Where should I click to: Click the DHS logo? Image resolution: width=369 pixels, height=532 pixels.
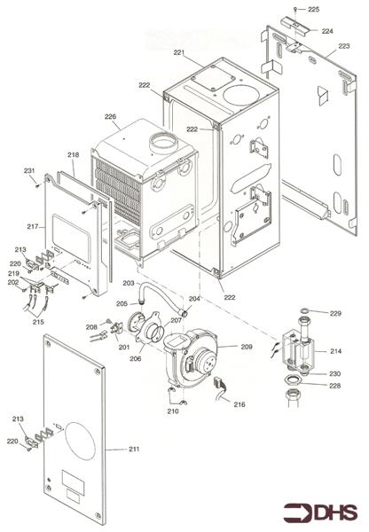click(x=320, y=512)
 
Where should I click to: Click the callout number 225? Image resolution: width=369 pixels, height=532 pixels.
click(x=314, y=10)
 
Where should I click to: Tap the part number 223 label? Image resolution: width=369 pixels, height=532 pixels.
click(x=344, y=46)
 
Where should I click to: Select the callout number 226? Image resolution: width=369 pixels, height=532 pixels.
click(x=110, y=116)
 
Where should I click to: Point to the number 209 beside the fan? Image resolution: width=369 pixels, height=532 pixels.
click(x=247, y=347)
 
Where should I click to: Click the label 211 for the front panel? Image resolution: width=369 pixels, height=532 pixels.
click(x=134, y=449)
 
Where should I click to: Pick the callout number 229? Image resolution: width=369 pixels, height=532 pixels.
click(x=335, y=314)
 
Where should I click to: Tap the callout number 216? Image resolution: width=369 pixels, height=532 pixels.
click(x=239, y=404)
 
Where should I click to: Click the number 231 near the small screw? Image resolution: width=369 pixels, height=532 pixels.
click(x=29, y=170)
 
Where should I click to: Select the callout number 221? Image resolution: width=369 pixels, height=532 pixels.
click(x=179, y=52)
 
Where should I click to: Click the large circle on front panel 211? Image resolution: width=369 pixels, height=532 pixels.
click(x=80, y=441)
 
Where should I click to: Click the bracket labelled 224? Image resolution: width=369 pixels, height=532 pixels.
click(x=294, y=25)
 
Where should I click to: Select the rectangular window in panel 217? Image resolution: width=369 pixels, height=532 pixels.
click(x=71, y=239)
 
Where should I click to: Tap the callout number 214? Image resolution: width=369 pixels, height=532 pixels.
click(x=335, y=351)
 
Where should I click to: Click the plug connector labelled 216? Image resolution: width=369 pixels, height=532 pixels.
click(x=218, y=384)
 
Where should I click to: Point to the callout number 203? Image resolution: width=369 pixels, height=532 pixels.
click(x=129, y=283)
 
